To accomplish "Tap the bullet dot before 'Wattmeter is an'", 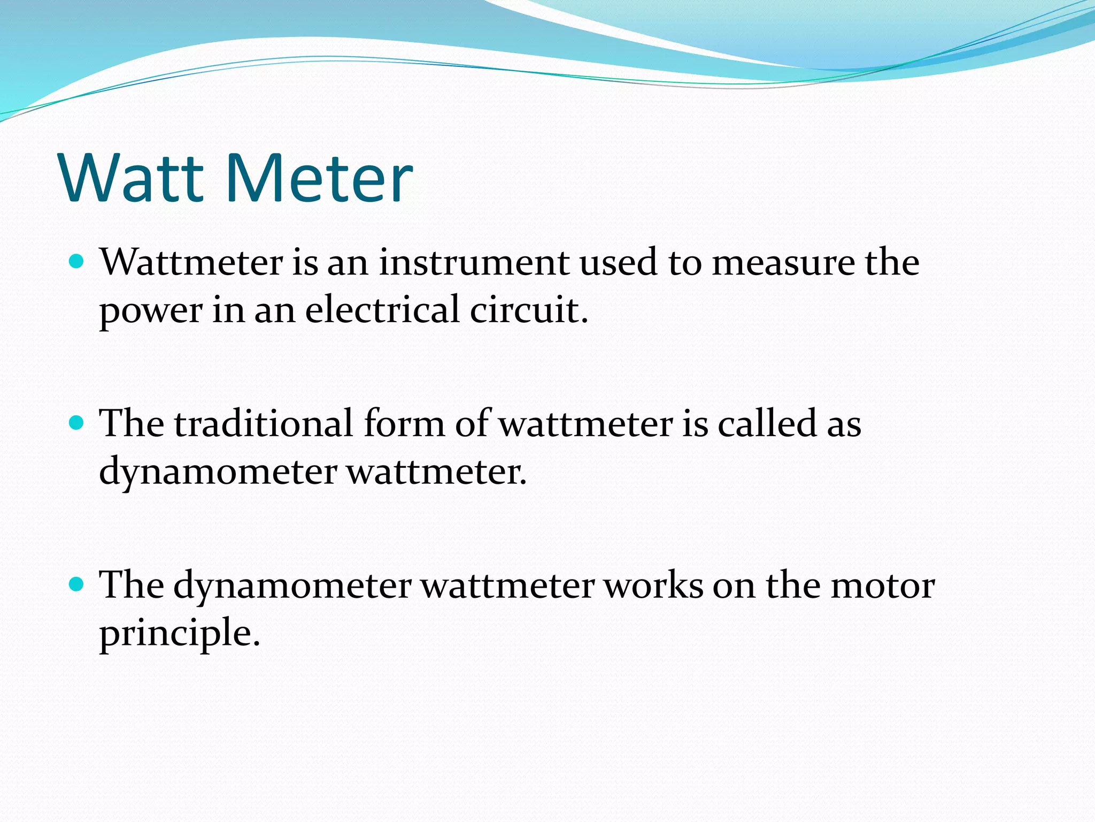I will tap(77, 262).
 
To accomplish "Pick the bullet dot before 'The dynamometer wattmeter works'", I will tap(77, 584).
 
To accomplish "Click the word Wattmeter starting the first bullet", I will tap(191, 263).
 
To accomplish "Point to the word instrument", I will tap(474, 263).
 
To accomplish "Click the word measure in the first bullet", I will tap(783, 263).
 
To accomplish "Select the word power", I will tap(150, 311).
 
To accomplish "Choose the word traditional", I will tap(263, 423).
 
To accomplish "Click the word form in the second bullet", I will tap(404, 423).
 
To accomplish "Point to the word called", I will tap(766, 423).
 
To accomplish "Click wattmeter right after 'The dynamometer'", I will tap(507, 585).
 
